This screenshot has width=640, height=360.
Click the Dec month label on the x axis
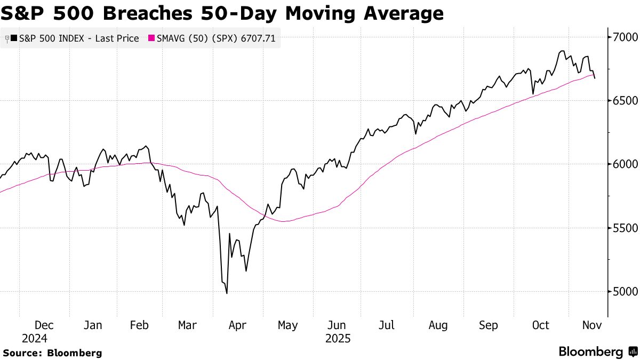[44, 325]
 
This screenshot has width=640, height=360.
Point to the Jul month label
[387, 325]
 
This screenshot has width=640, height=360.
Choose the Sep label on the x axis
[488, 325]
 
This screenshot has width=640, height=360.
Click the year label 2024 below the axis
[35, 339]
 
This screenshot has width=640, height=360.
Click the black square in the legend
[13, 38]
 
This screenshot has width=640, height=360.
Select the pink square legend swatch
[151, 38]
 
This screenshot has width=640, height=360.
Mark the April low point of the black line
[227, 293]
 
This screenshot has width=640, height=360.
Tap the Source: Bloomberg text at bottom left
[52, 353]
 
